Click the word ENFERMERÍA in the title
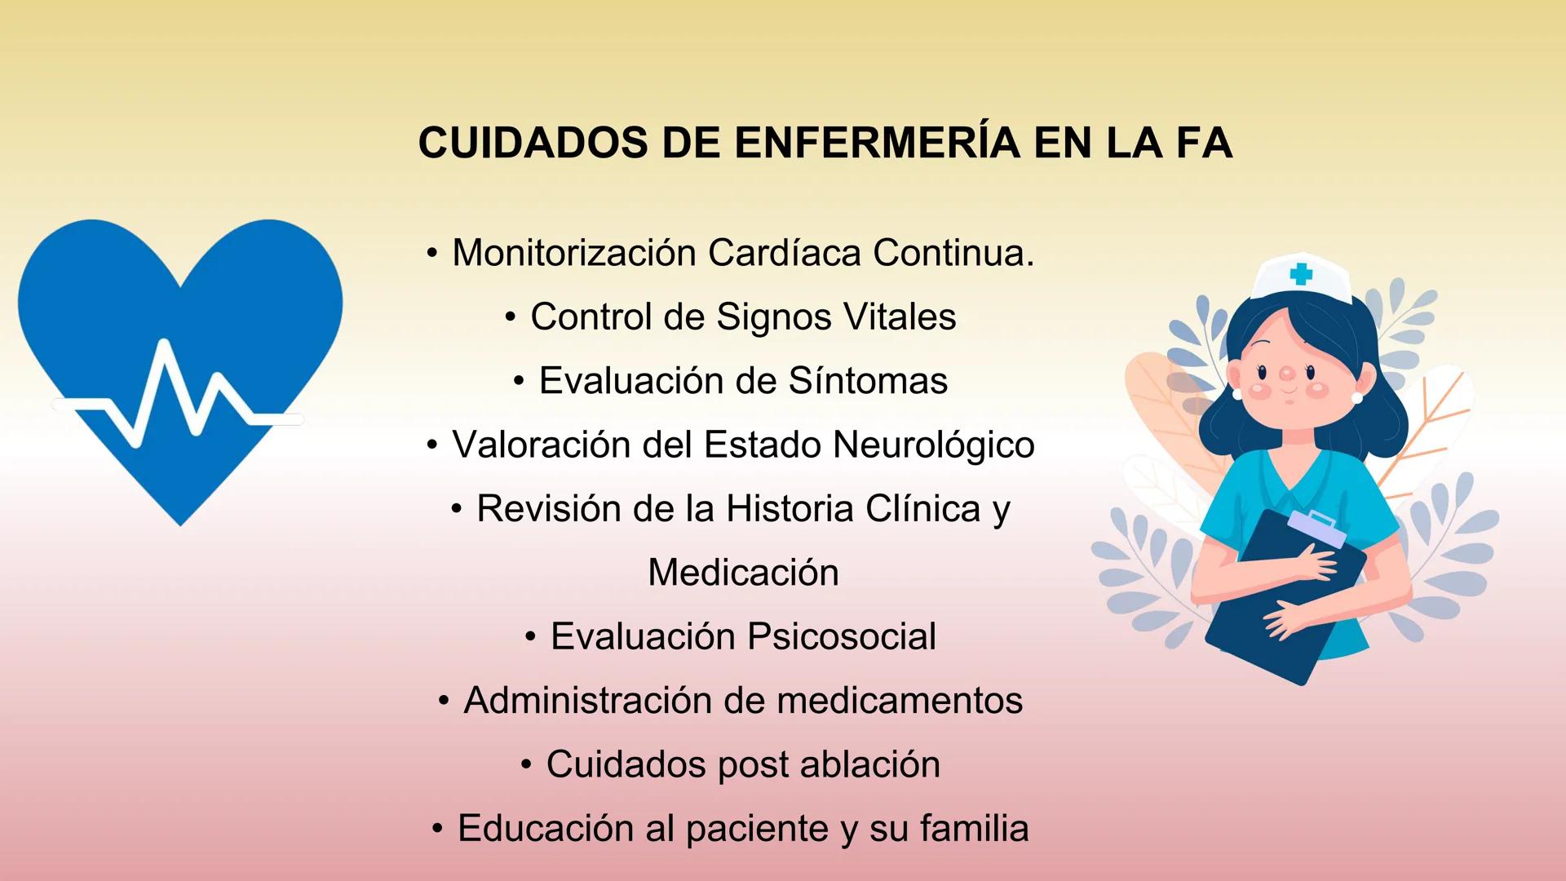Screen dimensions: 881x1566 (x=877, y=143)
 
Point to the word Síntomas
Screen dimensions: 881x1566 (x=868, y=381)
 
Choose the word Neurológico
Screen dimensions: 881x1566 (x=934, y=445)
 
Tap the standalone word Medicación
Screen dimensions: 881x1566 (x=743, y=573)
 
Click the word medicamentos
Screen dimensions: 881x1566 (x=900, y=701)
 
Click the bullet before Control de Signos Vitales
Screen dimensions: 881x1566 (x=510, y=317)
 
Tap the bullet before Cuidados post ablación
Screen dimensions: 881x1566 (x=526, y=764)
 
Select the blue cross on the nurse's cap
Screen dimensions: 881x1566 (x=1301, y=273)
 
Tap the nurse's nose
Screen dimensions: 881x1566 (x=1287, y=374)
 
